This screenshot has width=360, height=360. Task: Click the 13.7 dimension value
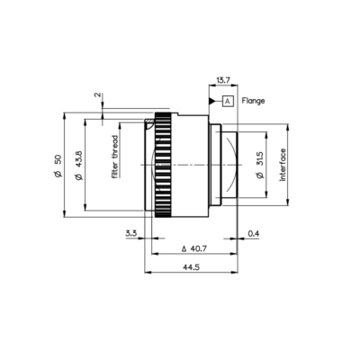(223, 80)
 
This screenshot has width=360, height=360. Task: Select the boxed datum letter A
(228, 102)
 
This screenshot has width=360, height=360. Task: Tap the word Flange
(253, 101)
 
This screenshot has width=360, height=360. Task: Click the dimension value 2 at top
(97, 94)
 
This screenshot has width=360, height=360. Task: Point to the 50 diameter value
(58, 159)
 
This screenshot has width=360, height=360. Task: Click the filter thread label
(115, 157)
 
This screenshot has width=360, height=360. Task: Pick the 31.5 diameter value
(260, 159)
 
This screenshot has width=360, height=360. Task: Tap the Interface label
(283, 165)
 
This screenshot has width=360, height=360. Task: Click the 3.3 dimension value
(131, 233)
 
